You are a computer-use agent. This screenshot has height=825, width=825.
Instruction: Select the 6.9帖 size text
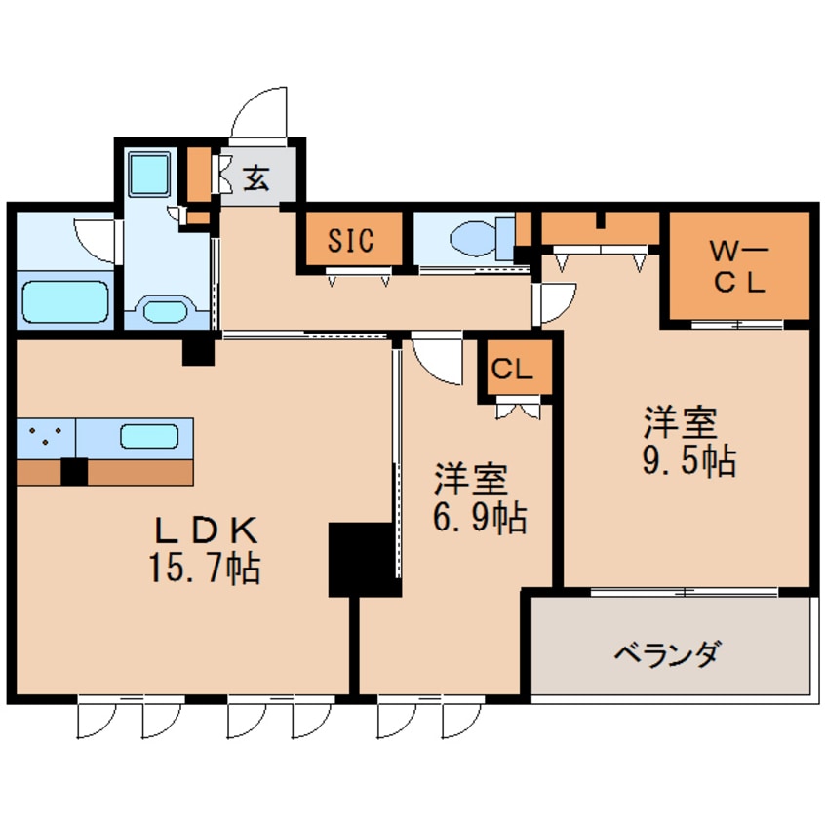(x=480, y=517)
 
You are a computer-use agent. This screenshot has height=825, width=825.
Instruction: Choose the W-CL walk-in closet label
(x=739, y=267)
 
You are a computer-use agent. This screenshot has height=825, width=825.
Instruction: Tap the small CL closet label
(x=512, y=370)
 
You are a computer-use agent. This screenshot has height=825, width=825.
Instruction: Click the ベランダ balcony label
(x=668, y=652)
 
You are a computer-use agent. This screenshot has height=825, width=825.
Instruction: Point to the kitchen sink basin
(x=149, y=435)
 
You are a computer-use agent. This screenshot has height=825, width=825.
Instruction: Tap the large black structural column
(x=363, y=558)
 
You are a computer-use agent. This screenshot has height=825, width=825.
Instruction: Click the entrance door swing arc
(x=258, y=112)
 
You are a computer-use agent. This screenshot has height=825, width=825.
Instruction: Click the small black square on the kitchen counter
(x=74, y=471)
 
